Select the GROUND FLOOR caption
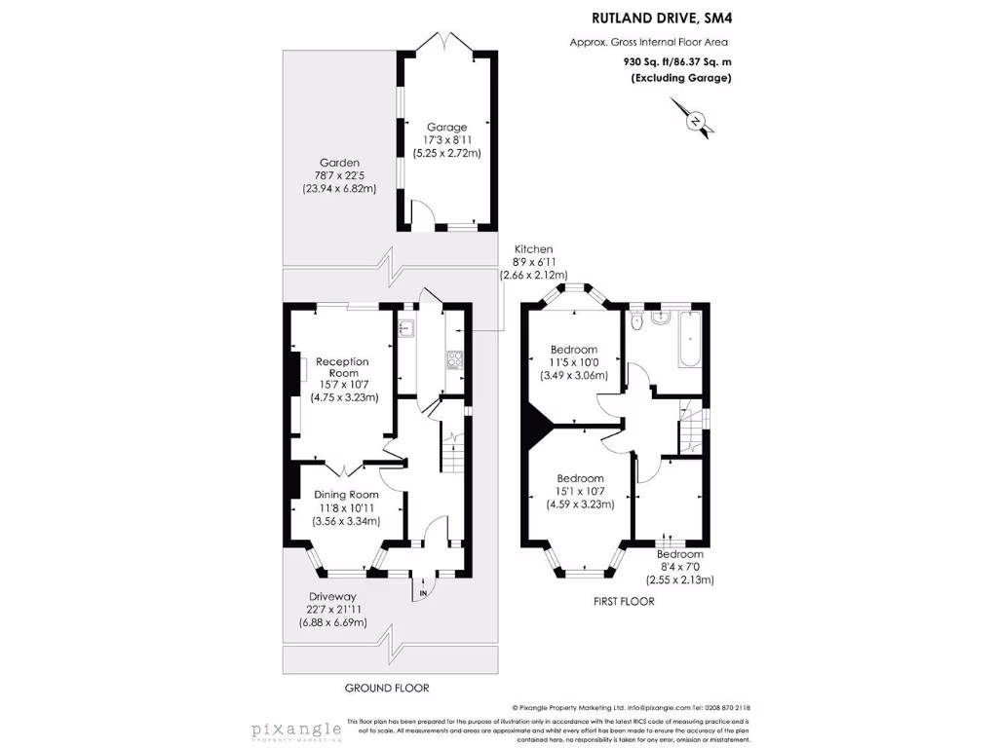[387, 688]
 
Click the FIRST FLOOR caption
[624, 602]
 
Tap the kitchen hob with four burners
[454, 360]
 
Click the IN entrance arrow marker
[424, 591]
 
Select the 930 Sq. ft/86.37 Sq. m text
[677, 60]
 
